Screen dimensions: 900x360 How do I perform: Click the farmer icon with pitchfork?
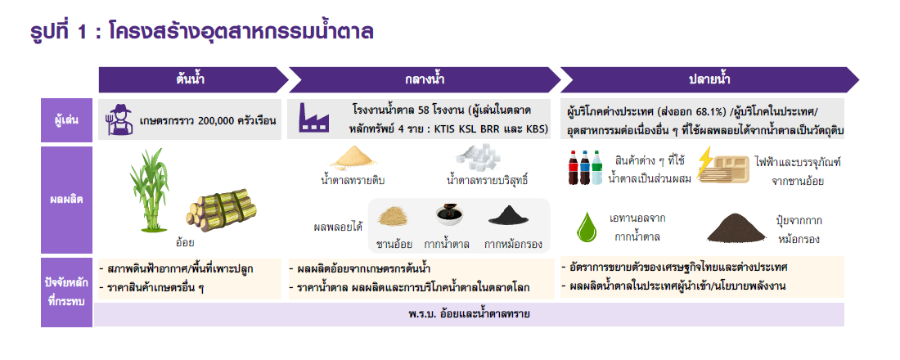point(119,119)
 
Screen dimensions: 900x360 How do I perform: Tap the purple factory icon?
point(314,119)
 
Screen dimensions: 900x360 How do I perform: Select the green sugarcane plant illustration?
point(148,182)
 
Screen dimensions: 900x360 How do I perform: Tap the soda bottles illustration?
point(586,167)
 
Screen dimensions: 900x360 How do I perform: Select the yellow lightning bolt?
point(704,163)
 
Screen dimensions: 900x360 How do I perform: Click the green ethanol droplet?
point(587,226)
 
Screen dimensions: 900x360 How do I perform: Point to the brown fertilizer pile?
point(736,230)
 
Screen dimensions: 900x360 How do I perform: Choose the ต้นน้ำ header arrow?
point(193,80)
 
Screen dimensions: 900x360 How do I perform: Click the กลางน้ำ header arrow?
point(424,80)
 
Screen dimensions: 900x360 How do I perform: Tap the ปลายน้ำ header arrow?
point(709,80)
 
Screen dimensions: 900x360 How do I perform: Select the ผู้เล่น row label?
point(66,120)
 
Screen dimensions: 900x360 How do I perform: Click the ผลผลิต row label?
point(66,200)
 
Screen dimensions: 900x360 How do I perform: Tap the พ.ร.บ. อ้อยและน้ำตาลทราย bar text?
point(469,314)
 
